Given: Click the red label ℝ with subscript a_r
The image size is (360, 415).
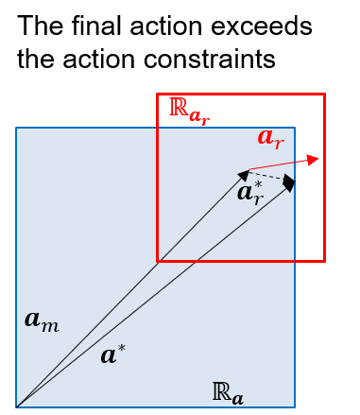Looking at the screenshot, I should point(188,110).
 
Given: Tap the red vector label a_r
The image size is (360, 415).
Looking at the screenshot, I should point(270,138).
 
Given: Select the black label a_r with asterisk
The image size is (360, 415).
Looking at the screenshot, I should point(250,193).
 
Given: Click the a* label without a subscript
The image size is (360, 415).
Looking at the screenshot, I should point(113,355).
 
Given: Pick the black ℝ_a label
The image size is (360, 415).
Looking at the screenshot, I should point(228,392).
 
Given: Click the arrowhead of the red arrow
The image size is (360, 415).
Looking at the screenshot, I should point(315,159).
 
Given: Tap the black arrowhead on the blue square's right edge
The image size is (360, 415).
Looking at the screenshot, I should point(288,182).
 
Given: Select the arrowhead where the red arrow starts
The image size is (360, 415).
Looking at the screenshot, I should point(245,174).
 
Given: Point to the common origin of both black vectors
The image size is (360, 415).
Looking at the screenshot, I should point(17,406).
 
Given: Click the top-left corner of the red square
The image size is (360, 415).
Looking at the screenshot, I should point(158,95).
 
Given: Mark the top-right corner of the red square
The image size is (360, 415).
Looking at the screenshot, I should point(324,95).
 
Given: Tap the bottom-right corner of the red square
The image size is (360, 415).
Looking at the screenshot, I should point(324,260).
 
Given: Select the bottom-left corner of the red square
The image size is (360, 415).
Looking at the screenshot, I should point(158,260).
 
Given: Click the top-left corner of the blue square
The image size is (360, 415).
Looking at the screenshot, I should point(16,128).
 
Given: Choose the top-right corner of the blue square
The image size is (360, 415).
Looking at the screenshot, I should point(295,128).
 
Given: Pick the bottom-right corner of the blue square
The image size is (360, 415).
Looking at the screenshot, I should point(295,406).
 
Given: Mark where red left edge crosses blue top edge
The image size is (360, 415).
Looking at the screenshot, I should point(158,128).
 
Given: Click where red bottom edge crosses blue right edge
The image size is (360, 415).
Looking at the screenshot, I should point(295,260).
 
